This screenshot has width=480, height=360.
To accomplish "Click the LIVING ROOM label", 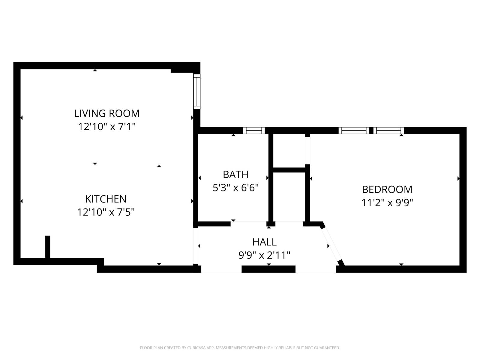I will pyautogui.click(x=107, y=113).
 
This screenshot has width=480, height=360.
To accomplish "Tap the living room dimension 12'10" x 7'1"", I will pyautogui.click(x=107, y=127).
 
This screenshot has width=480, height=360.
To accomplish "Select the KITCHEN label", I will pyautogui.click(x=106, y=199).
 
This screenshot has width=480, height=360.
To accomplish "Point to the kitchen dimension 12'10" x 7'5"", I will pyautogui.click(x=106, y=212).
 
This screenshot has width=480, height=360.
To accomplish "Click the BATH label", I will pyautogui.click(x=235, y=174).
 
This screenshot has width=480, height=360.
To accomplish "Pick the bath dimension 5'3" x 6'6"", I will pyautogui.click(x=235, y=188).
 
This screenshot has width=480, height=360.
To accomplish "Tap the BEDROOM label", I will pyautogui.click(x=387, y=189).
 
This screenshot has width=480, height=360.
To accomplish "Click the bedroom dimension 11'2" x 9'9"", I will pyautogui.click(x=387, y=203).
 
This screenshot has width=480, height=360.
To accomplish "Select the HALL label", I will pyautogui.click(x=264, y=242).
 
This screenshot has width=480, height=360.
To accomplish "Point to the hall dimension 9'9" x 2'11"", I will pyautogui.click(x=264, y=255).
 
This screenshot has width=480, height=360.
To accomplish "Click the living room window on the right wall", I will pyautogui.click(x=197, y=92).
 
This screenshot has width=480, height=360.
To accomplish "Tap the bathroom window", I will pyautogui.click(x=254, y=130).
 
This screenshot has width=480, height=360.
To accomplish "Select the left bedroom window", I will pyautogui.click(x=354, y=130).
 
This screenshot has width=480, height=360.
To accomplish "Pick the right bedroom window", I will pyautogui.click(x=388, y=130).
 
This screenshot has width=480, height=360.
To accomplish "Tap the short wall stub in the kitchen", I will pyautogui.click(x=47, y=247).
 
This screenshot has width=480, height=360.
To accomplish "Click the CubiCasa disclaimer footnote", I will pyautogui.click(x=240, y=348).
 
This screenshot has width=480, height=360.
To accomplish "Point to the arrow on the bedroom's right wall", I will pyautogui.click(x=458, y=179).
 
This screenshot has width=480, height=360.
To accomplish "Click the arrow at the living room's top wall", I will pyautogui.click(x=95, y=70).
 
